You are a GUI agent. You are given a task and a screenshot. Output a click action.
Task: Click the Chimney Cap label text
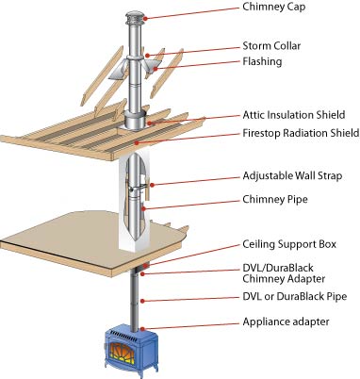[x=273, y=8]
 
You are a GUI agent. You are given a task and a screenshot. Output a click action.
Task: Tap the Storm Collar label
[x=271, y=46]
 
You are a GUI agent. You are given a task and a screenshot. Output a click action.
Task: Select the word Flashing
[x=262, y=61]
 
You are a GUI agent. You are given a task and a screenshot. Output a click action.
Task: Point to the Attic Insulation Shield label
[x=294, y=115]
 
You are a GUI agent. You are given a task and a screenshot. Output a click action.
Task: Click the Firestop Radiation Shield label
[x=301, y=133]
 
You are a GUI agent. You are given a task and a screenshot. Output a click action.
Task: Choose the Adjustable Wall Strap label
[x=292, y=175]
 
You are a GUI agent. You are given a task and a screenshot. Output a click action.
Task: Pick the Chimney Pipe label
[x=275, y=200]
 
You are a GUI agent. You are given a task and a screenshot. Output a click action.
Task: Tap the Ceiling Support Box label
[x=289, y=244]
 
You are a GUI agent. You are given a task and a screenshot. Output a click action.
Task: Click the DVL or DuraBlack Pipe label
[x=295, y=297]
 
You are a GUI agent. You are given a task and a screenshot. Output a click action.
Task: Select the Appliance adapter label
[x=286, y=322]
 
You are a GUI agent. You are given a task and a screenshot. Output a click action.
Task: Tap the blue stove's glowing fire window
[x=123, y=353]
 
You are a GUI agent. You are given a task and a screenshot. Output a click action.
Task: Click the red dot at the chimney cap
[x=146, y=18]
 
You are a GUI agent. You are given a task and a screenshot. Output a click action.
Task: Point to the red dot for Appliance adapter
[x=142, y=329]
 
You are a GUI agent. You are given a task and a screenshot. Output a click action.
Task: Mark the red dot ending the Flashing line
[x=155, y=69]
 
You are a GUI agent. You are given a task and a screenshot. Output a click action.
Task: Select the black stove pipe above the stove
[x=135, y=299]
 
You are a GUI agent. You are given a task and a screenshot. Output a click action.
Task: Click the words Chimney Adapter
[x=284, y=279]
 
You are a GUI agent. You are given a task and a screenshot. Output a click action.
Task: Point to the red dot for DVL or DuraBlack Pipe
[x=142, y=301]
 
